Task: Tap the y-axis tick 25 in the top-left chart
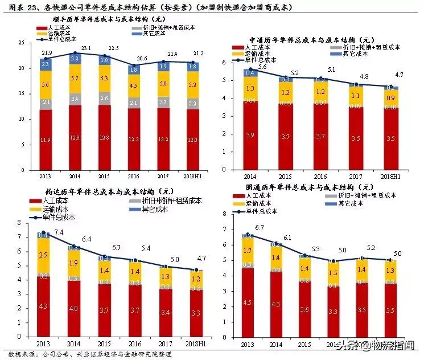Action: point(21,43)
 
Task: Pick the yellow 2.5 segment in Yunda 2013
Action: point(43,255)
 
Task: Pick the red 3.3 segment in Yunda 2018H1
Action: point(196,313)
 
